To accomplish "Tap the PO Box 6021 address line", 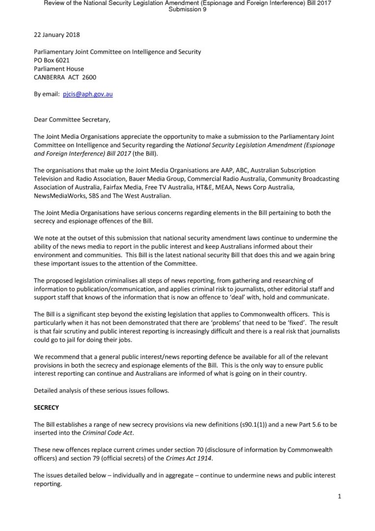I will click(x=52, y=60).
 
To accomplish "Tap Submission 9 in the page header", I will click(x=187, y=9).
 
